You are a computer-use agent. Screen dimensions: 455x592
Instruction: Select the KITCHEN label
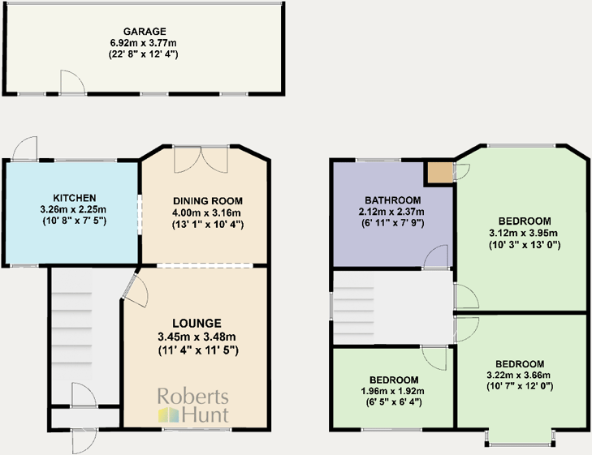(x=74, y=198)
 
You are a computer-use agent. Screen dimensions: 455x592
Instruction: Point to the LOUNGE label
(x=196, y=323)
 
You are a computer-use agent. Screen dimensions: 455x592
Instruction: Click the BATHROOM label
(x=392, y=200)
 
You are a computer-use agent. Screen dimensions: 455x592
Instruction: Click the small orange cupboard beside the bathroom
(x=439, y=173)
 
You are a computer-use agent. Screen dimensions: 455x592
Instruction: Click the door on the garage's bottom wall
(x=71, y=82)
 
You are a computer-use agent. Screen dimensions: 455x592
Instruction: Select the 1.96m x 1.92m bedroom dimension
(x=394, y=391)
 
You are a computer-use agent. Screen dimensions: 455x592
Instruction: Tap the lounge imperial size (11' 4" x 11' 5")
(x=196, y=350)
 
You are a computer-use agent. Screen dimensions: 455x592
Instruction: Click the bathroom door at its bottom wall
(x=436, y=258)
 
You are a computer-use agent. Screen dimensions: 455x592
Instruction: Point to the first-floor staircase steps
(x=357, y=307)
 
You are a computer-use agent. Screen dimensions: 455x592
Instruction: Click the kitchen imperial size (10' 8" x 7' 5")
(x=74, y=221)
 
